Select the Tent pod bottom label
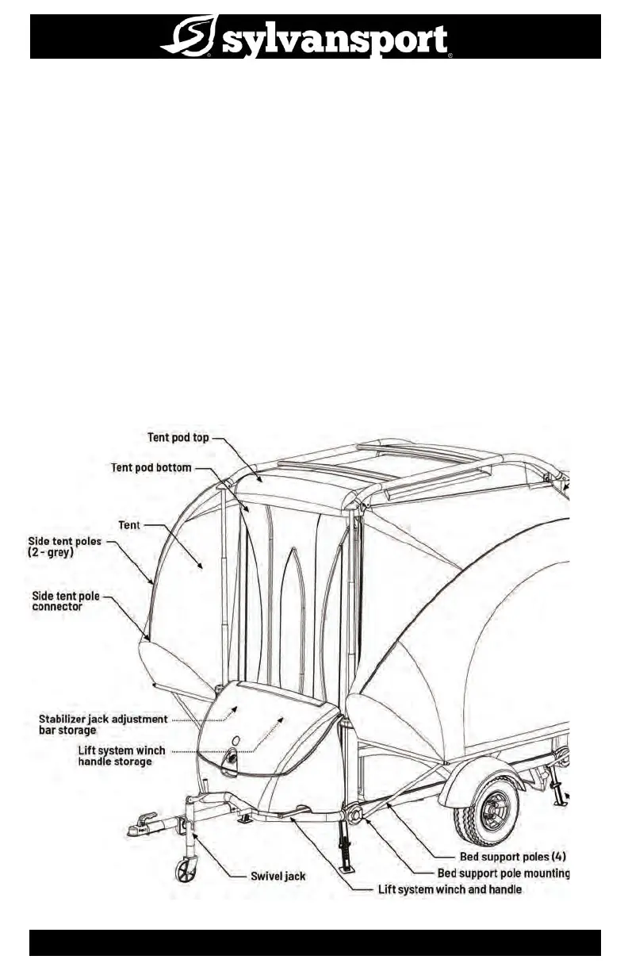[x=151, y=467]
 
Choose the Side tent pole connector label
[x=65, y=601]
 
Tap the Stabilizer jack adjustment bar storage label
[x=103, y=724]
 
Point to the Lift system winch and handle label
[x=449, y=889]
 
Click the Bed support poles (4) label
[x=512, y=857]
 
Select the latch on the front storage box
[x=232, y=758]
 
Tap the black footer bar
[x=315, y=943]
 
